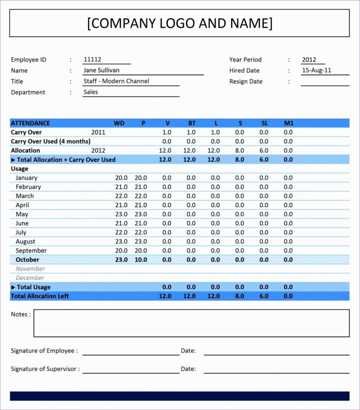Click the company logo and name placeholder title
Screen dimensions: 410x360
(180, 23)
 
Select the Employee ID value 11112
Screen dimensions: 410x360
(93, 60)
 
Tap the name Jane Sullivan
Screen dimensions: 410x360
(101, 71)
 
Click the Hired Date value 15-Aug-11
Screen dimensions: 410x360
(316, 71)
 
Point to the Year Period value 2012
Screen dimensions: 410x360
(309, 60)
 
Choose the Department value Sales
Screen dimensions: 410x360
(90, 92)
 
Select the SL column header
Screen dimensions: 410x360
(265, 123)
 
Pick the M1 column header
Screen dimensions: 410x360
(289, 123)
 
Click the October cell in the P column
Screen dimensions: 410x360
(141, 260)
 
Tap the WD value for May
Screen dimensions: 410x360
(121, 214)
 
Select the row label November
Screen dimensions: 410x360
(30, 269)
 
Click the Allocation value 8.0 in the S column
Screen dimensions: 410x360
(240, 150)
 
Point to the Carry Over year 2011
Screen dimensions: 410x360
(98, 132)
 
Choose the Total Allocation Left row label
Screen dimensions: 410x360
(40, 296)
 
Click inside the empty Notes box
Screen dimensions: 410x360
(191, 323)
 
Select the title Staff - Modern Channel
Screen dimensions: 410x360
(116, 81)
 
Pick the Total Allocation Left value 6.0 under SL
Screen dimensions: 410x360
(264, 296)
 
